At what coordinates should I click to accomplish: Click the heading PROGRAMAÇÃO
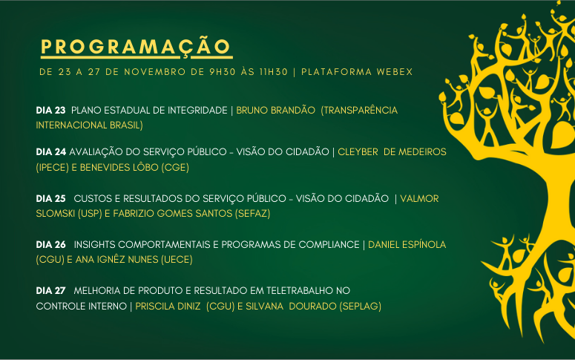click(x=135, y=47)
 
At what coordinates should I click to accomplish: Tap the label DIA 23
click(x=50, y=110)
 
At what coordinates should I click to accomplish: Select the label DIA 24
click(x=51, y=152)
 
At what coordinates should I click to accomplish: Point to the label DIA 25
click(x=50, y=198)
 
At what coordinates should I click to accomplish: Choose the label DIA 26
click(x=50, y=245)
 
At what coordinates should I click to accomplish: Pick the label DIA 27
click(x=50, y=291)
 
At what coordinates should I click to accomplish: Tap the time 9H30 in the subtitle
click(x=223, y=72)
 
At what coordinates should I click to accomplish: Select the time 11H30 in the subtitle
click(x=274, y=72)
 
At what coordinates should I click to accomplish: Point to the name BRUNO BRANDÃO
click(x=275, y=110)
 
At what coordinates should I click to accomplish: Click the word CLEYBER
click(x=358, y=152)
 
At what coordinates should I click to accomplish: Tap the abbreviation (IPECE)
click(x=53, y=168)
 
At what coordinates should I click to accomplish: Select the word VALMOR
click(x=419, y=198)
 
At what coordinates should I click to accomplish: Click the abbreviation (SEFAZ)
click(x=253, y=214)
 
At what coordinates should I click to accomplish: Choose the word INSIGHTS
click(x=95, y=245)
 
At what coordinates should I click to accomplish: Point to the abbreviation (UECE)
click(x=177, y=260)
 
